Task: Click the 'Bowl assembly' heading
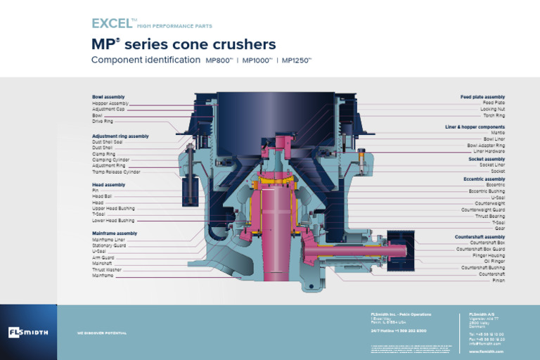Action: [x=108, y=97]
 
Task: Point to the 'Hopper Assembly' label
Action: [x=110, y=103]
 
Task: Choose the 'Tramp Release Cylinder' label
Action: [x=116, y=172]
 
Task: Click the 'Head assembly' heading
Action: [x=108, y=185]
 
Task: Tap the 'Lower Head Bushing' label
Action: [x=113, y=220]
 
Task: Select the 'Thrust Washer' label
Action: [x=106, y=269]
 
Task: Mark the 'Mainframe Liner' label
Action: [x=109, y=240]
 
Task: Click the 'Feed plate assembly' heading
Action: [x=482, y=97]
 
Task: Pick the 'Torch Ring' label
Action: [x=493, y=115]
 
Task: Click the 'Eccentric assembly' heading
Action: [x=484, y=179]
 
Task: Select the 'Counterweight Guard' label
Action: [x=483, y=210]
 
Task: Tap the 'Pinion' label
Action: [x=498, y=281]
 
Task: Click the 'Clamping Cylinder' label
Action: [x=110, y=160]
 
